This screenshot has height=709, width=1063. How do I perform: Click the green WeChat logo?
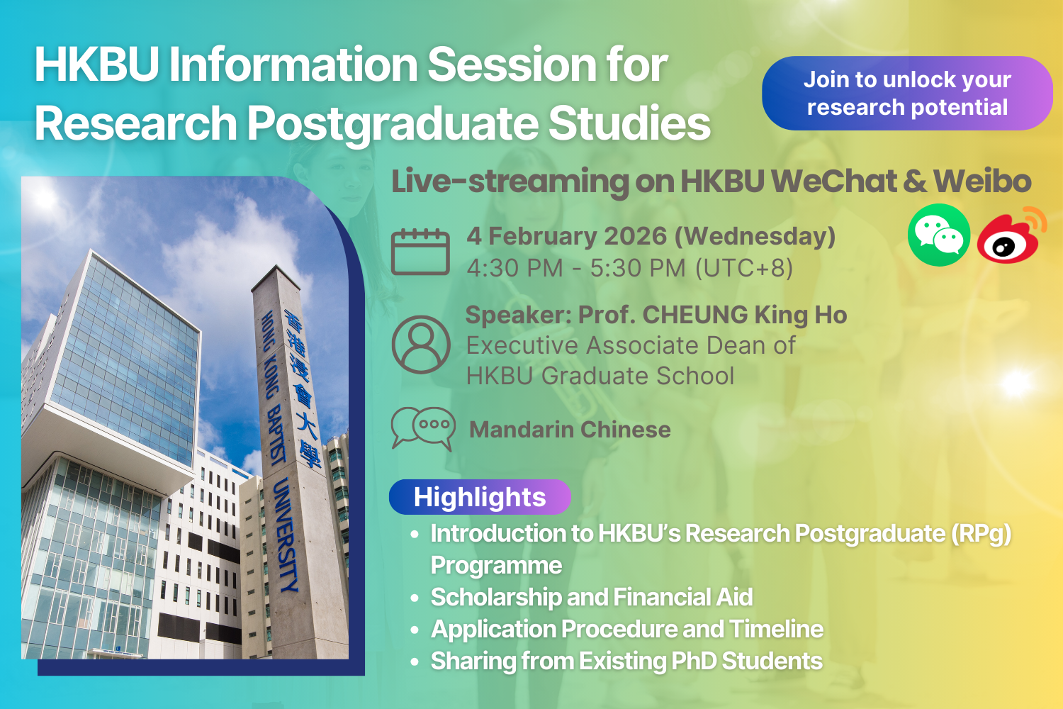(939, 235)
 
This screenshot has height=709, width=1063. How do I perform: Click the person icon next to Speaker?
(421, 345)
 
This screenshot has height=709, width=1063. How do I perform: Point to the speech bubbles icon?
(423, 428)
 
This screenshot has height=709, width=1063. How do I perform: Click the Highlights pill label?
(480, 497)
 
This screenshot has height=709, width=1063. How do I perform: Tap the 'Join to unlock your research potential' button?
(907, 93)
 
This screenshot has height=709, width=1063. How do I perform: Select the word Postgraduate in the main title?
(393, 123)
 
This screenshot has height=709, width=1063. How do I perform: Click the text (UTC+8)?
(744, 268)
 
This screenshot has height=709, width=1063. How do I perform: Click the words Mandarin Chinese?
(570, 429)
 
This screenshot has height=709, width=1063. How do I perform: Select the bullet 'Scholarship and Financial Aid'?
(591, 597)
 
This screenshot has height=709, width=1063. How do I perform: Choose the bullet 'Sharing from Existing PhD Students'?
(626, 661)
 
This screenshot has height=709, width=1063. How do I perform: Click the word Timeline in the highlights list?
(777, 629)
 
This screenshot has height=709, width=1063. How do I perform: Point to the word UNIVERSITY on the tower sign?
(286, 535)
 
